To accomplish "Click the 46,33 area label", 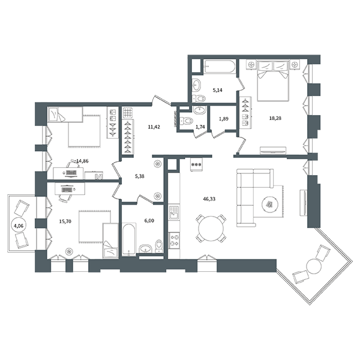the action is pos(209,199).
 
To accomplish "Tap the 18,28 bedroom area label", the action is pos(275,118).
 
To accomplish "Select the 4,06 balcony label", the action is pos(19,226).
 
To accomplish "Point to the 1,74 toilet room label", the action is pos(200,127).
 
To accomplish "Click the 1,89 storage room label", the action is pos(223,119).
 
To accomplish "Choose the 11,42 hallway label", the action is pos(154,127).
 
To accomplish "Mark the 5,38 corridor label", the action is pos(140,176).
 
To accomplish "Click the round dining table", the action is pos(211,229).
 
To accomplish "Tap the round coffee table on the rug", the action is pos(271,204).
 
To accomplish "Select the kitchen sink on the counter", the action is pos(174,213).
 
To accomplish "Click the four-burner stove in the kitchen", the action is pos(174,241).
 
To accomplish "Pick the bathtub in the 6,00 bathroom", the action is pos(129,239).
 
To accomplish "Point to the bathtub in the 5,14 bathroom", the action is pos(220,67).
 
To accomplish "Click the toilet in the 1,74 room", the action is pos(187,120).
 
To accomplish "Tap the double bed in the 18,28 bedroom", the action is pos(273,81).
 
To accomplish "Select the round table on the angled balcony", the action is pos(314,266).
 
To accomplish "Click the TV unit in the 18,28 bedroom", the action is pos(273,151).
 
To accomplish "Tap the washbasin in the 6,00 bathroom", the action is pos(146,248).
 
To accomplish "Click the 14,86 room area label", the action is pos(82,161).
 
